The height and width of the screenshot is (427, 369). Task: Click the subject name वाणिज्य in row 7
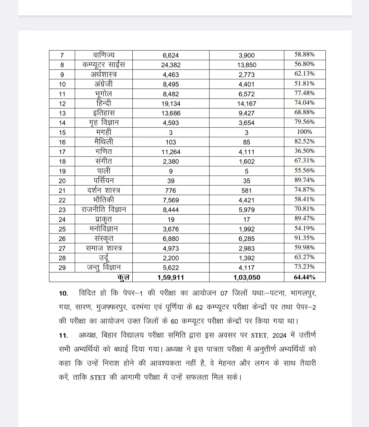click(104, 55)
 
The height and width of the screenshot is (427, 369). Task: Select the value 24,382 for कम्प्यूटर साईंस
click(171, 65)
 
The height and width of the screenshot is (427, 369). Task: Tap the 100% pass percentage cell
click(305, 132)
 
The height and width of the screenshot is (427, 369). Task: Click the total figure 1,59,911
click(171, 277)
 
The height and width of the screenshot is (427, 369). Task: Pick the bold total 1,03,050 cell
click(247, 277)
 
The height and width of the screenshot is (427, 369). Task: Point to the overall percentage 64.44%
click(305, 277)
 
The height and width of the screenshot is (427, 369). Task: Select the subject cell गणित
click(104, 151)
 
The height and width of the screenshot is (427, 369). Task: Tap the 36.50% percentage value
click(305, 151)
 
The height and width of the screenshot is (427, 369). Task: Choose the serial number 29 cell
click(62, 268)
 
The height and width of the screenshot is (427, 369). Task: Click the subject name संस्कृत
click(104, 238)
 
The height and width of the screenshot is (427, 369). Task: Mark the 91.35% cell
click(305, 238)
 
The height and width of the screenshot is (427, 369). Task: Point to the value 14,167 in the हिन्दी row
click(247, 103)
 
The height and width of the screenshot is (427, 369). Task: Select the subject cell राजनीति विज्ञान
click(104, 209)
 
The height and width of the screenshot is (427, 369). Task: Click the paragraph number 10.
click(63, 293)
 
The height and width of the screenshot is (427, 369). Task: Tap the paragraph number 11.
click(63, 336)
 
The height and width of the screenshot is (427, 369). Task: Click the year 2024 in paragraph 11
click(279, 336)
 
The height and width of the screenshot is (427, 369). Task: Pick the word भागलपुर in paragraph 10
click(303, 293)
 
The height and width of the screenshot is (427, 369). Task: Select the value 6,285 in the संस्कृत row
click(247, 239)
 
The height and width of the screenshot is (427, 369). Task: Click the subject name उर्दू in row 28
click(104, 258)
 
